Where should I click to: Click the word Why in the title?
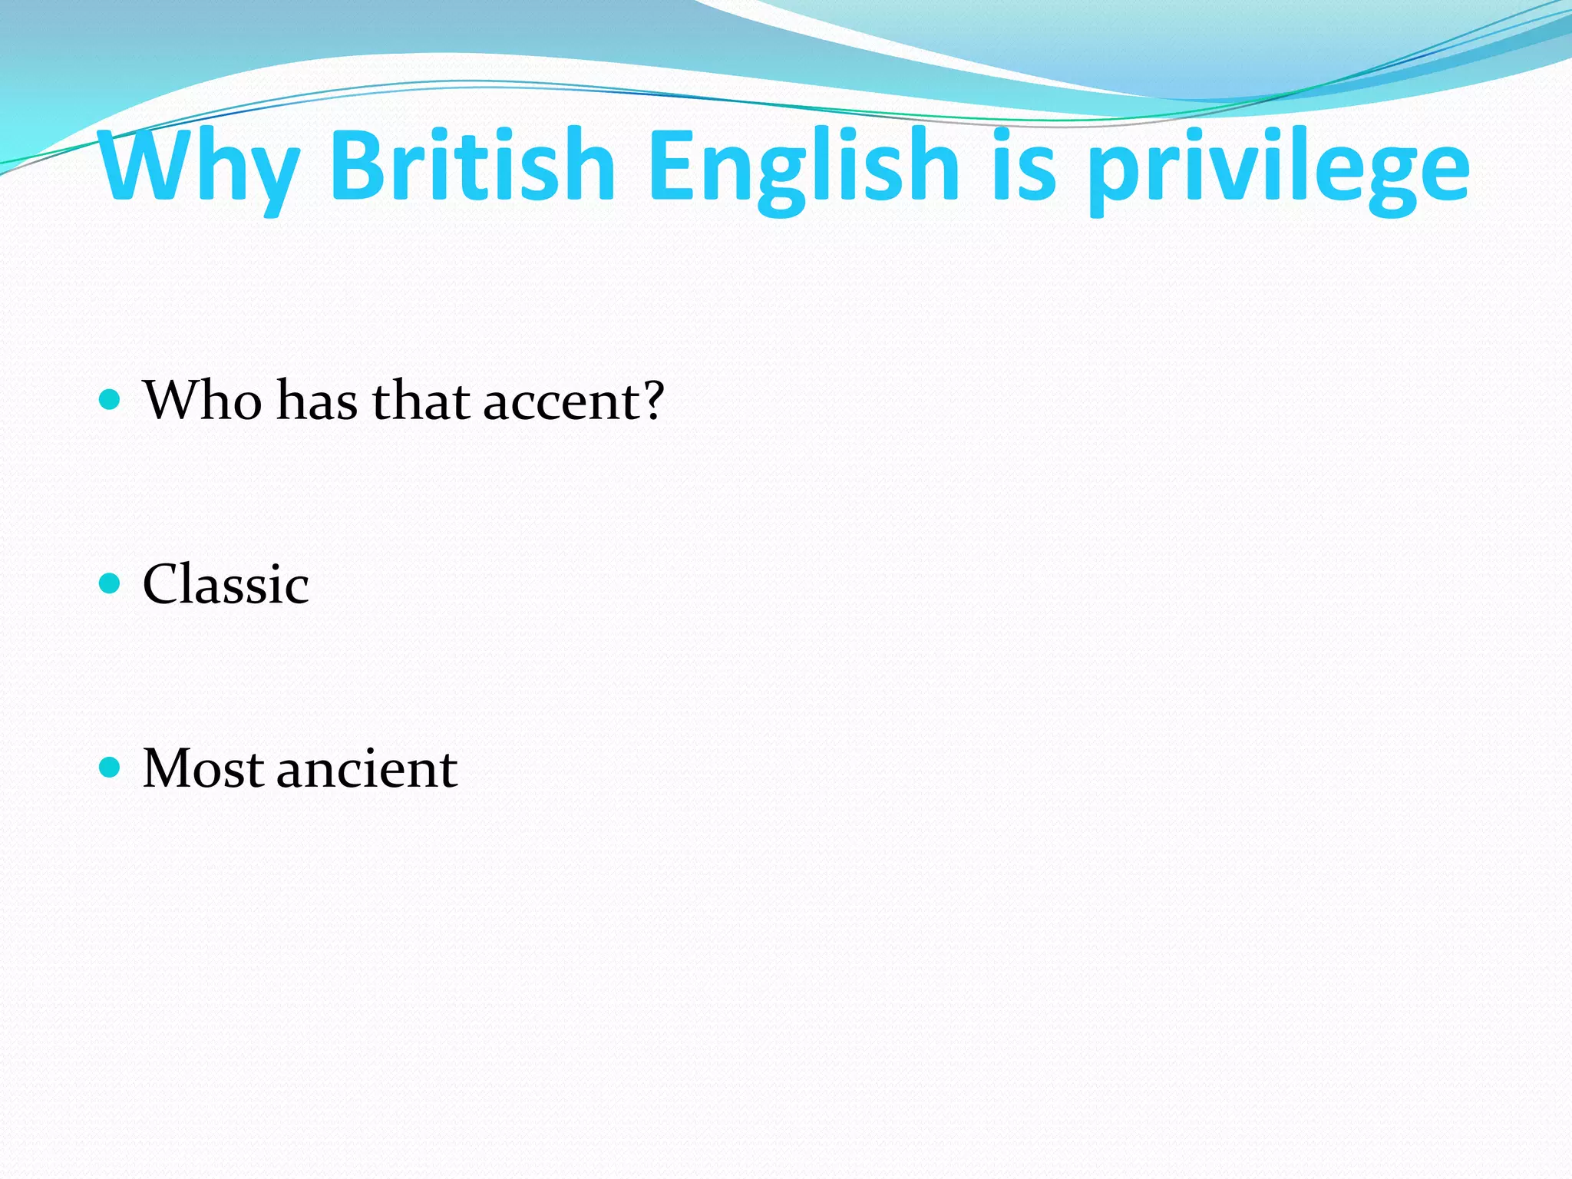tap(198, 167)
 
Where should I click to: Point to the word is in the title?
tap(1024, 167)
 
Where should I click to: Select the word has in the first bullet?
tap(316, 401)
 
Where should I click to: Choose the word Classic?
tap(226, 585)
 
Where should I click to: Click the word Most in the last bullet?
tap(203, 769)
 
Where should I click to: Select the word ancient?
tap(367, 769)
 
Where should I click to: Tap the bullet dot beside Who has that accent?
tap(111, 400)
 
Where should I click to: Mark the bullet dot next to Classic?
tap(111, 584)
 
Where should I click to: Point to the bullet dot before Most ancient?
tap(111, 768)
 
